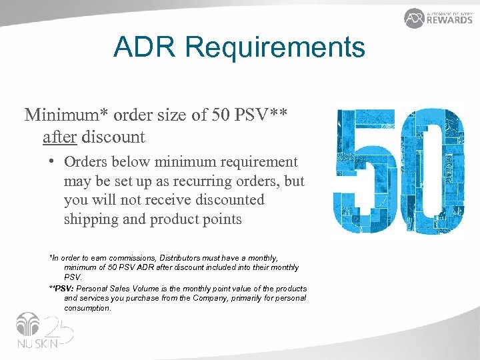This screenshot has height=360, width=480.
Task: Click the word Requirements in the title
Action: coord(275,48)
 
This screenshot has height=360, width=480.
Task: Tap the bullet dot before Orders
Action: coord(51,162)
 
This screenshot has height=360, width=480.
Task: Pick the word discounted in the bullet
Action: coord(227,199)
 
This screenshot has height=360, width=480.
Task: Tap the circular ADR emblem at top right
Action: coord(415,18)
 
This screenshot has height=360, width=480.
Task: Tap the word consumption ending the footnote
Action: coord(87,308)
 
